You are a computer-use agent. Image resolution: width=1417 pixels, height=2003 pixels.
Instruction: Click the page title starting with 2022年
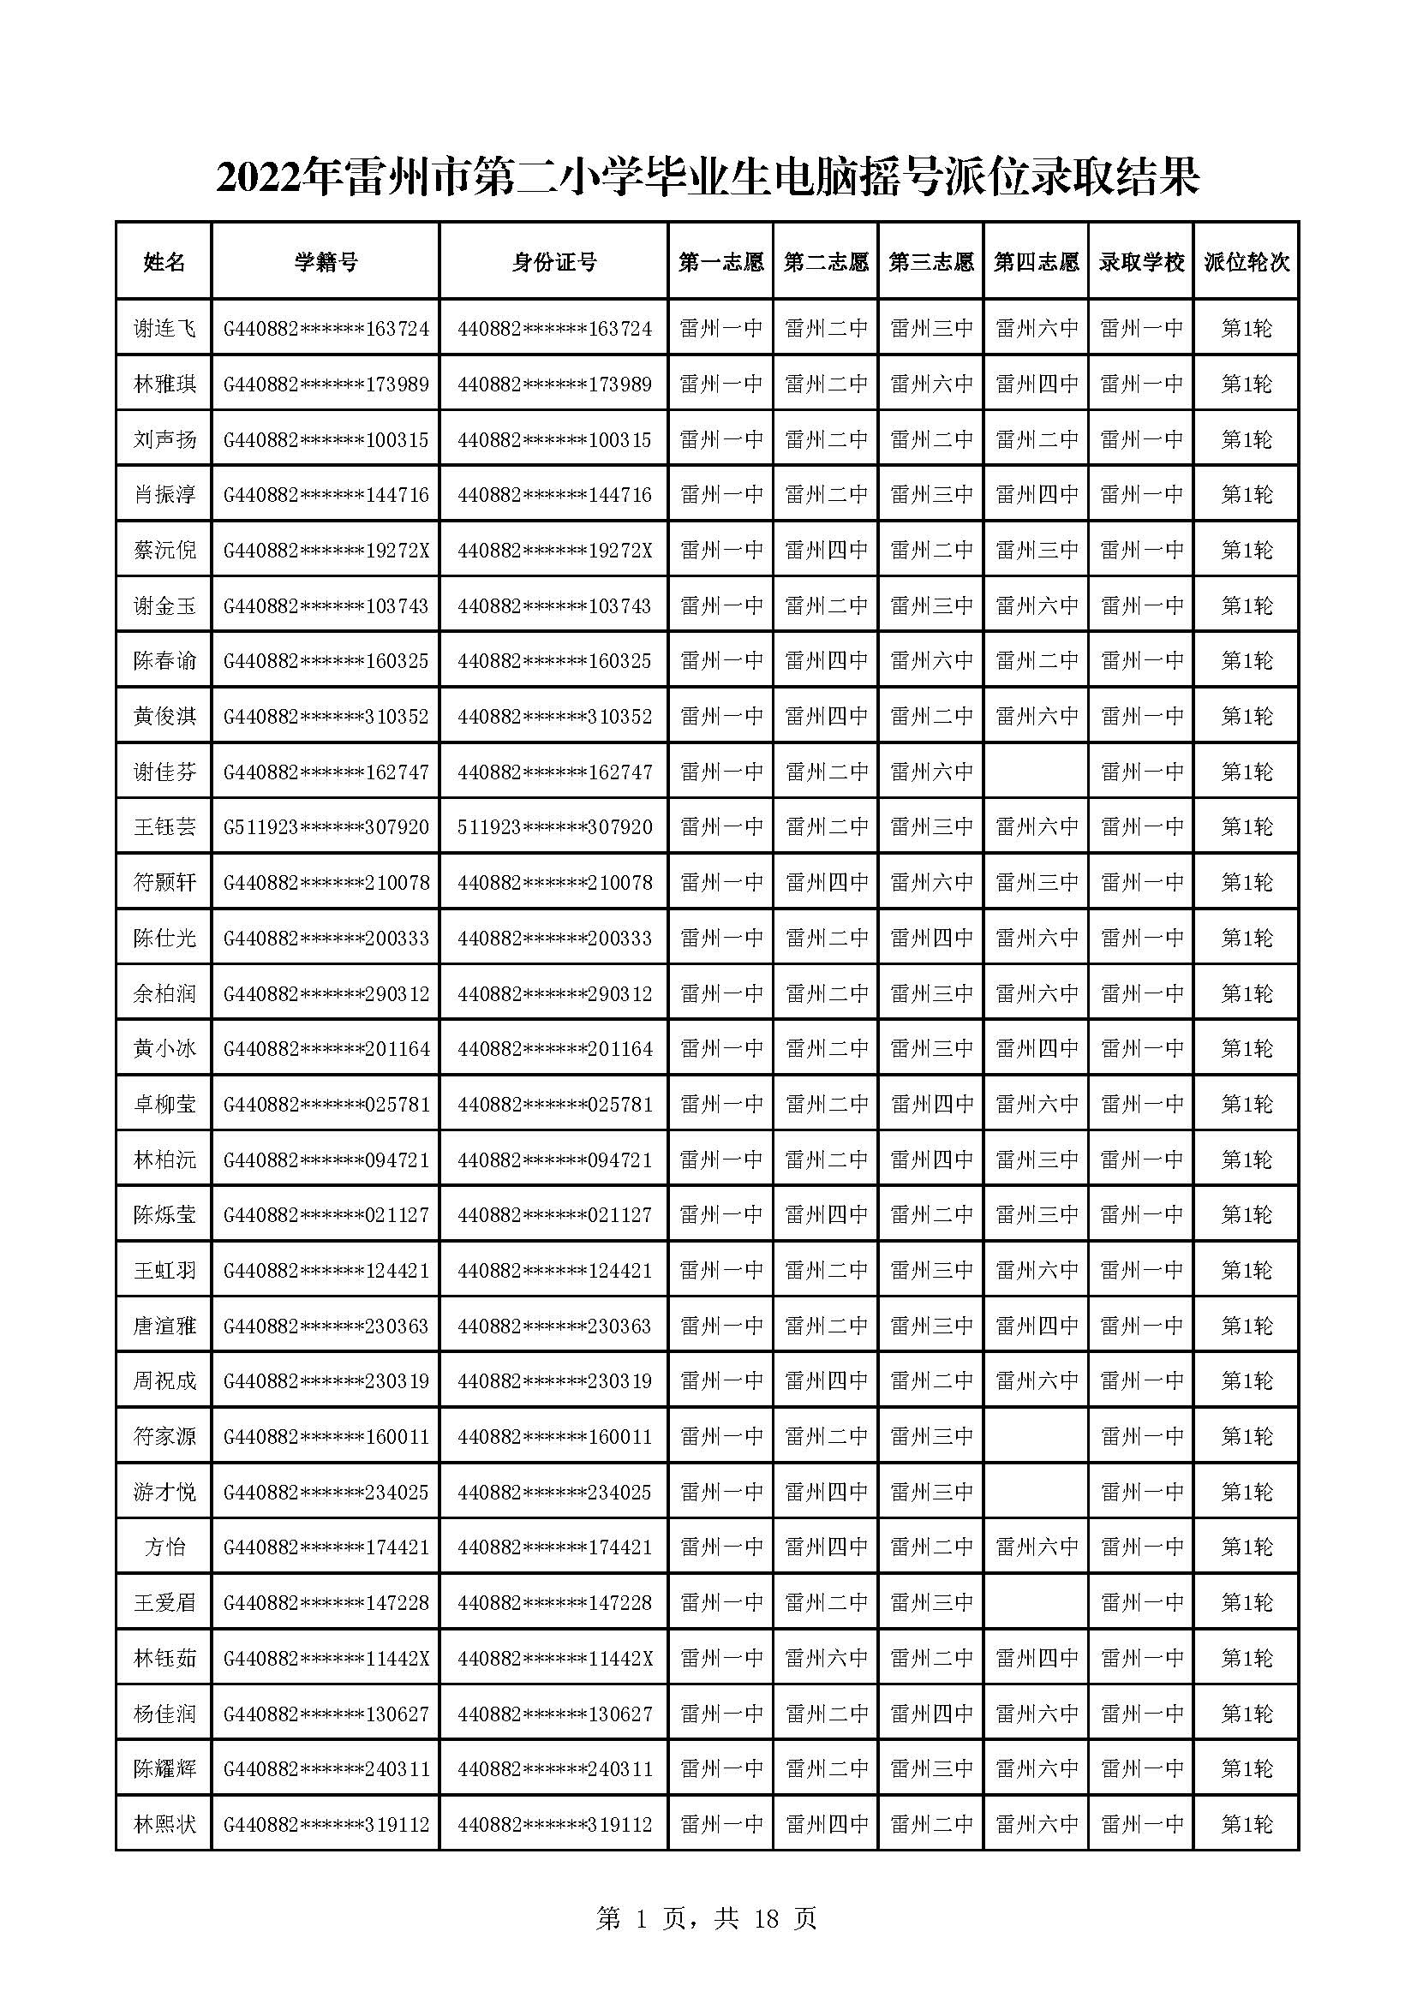[x=708, y=178]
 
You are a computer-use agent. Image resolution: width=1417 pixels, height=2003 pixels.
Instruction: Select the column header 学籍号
[x=326, y=262]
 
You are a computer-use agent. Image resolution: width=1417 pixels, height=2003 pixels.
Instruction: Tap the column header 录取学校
[x=1141, y=262]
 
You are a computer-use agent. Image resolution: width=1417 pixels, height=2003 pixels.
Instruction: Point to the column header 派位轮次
[x=1247, y=262]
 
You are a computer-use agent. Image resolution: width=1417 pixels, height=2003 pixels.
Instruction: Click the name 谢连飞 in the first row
[x=164, y=328]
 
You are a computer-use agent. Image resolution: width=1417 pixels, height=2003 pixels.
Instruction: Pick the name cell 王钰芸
[x=164, y=826]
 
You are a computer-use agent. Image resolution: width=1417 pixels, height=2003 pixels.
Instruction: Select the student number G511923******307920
[x=326, y=826]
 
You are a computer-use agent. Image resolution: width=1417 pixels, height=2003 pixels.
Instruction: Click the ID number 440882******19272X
[x=554, y=550]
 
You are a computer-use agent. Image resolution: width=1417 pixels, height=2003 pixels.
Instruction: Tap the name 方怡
[x=164, y=1547]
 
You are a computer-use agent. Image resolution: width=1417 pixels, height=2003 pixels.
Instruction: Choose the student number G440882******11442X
[x=326, y=1658]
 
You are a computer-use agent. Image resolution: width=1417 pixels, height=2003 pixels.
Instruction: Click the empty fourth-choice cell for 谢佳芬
[x=1036, y=772]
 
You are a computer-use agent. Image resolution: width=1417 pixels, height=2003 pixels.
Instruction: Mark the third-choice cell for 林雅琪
[x=931, y=384]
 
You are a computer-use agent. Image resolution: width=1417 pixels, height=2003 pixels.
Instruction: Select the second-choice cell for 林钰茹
[x=826, y=1658]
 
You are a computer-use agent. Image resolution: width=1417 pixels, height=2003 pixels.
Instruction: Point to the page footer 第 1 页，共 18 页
[x=707, y=1918]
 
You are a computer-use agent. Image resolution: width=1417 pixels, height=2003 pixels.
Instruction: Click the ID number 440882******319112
[x=554, y=1823]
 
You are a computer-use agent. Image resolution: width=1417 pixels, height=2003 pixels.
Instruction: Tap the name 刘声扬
[x=164, y=438]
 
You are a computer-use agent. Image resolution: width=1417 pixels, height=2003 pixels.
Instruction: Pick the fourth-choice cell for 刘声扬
[x=1036, y=438]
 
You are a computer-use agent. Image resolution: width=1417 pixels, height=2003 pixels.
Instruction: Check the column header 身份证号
[x=554, y=262]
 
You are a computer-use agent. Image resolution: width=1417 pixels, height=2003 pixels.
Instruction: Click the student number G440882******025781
[x=326, y=1104]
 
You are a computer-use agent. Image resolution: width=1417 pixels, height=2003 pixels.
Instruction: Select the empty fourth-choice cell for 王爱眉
[x=1036, y=1601]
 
